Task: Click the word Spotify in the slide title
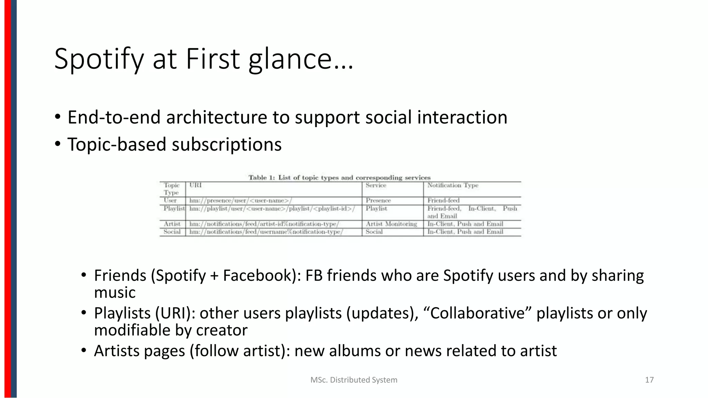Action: coord(99,59)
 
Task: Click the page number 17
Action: coord(649,380)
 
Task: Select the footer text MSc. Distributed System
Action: coord(354,380)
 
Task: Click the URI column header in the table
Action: coord(195,186)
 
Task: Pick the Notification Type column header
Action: coord(453,186)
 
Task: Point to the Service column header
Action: coord(376,186)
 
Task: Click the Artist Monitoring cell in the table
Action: coord(391,224)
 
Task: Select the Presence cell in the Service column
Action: coord(378,200)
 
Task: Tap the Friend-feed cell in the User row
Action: coord(443,200)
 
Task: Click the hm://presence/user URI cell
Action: coord(241,200)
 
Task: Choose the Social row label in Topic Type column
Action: coord(172,232)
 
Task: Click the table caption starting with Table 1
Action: coord(339,178)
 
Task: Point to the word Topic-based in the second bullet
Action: coord(117,144)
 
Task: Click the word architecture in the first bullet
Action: coord(216,117)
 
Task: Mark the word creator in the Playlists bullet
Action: coord(222,330)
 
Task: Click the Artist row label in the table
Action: coord(172,224)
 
